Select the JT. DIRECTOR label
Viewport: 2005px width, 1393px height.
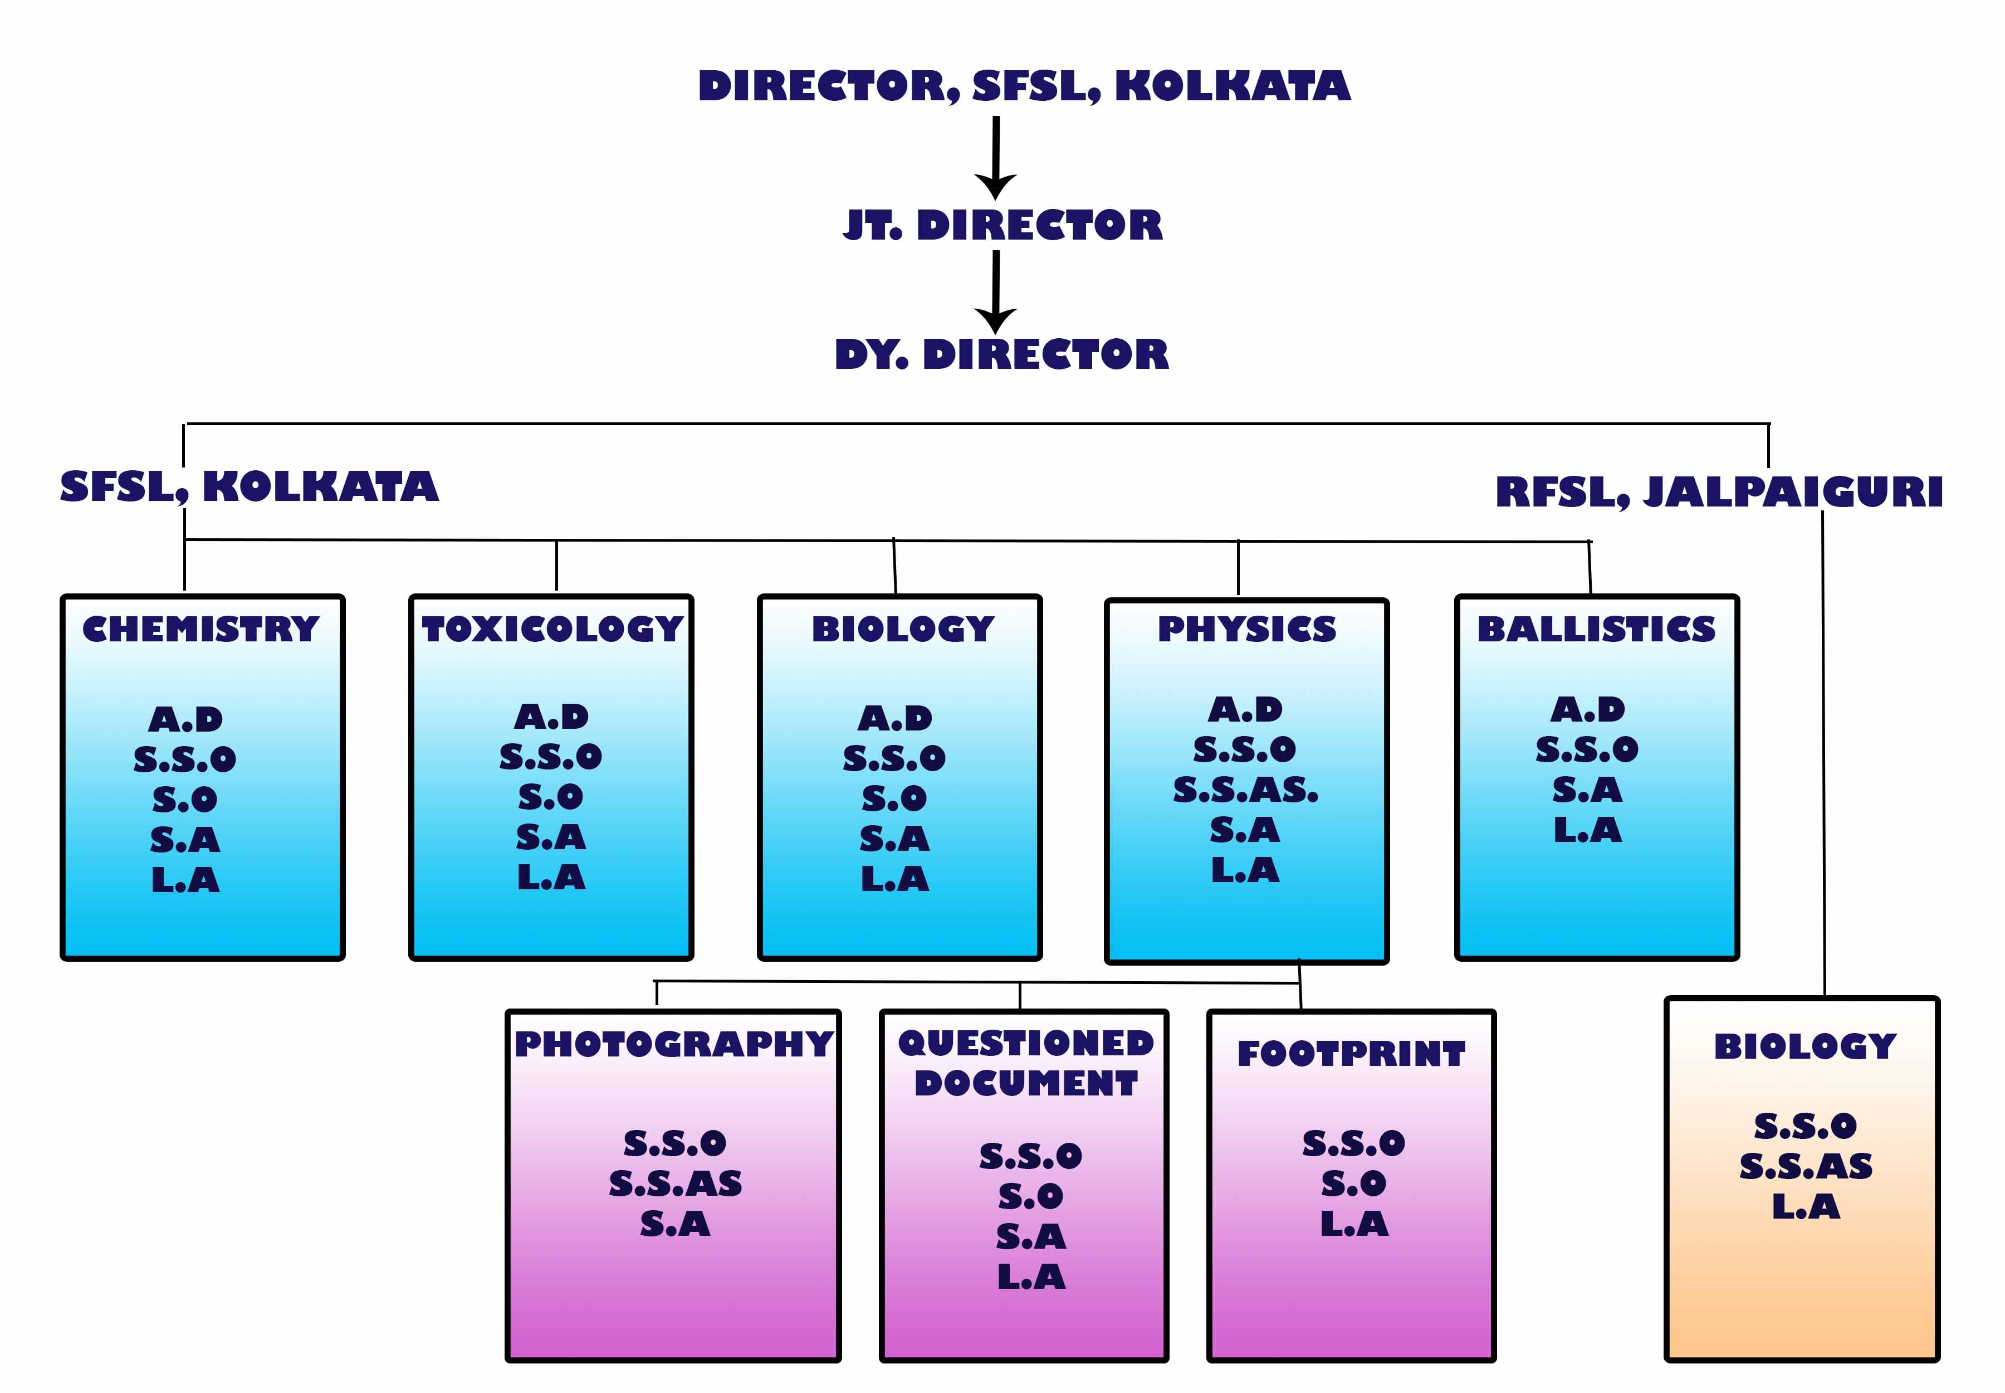click(1002, 225)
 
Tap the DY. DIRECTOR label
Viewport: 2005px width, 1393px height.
click(1001, 354)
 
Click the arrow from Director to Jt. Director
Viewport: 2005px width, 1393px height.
click(995, 157)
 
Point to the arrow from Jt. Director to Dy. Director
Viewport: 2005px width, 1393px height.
click(995, 291)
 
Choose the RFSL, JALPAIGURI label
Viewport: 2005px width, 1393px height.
click(1718, 491)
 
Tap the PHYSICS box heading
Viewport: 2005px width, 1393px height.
click(1246, 629)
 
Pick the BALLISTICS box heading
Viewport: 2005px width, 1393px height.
click(1596, 629)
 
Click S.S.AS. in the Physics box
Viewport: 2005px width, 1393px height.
click(1245, 790)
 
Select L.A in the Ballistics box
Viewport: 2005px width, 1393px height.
click(1587, 830)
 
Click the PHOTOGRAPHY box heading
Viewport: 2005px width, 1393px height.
click(673, 1044)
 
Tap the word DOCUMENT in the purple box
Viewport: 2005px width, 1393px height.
click(1026, 1083)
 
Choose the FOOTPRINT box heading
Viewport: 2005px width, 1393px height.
click(1351, 1054)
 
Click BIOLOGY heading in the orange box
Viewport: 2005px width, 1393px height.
click(1804, 1046)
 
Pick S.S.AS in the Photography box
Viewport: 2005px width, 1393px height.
click(676, 1185)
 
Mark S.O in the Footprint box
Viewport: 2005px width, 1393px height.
click(1353, 1185)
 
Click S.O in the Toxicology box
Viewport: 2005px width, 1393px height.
click(551, 797)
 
